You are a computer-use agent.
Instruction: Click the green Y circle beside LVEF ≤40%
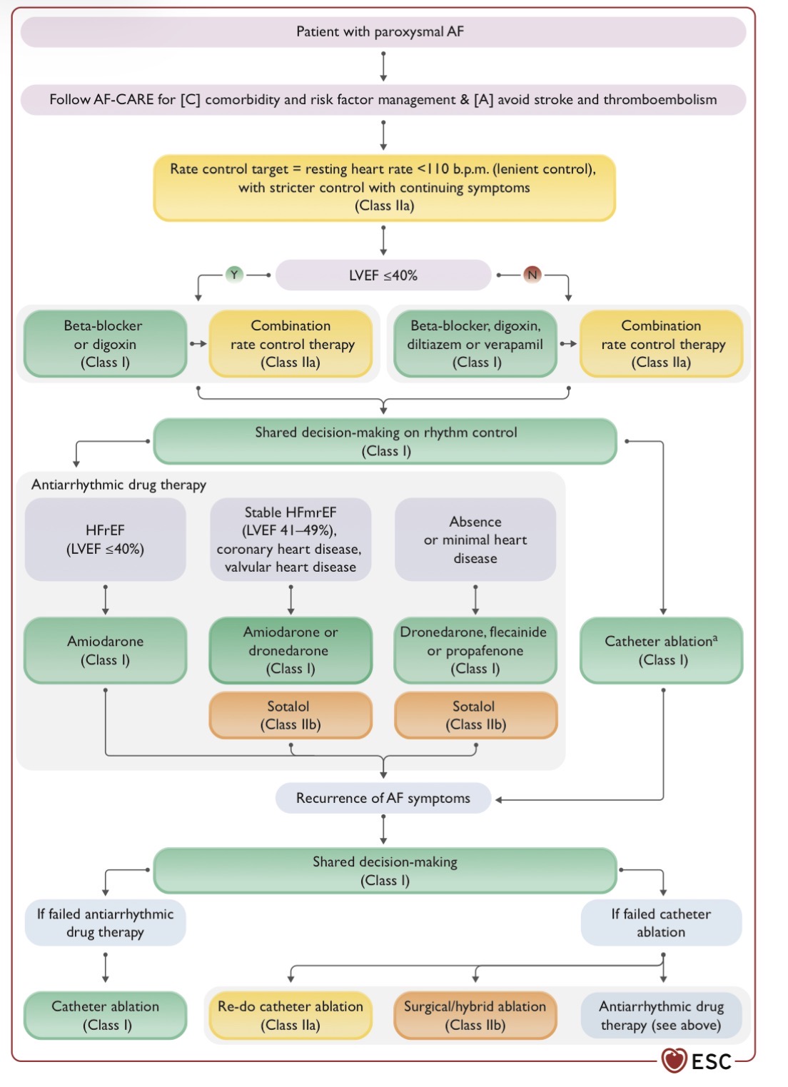[234, 275]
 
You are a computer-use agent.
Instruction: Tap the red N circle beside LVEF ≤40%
[532, 275]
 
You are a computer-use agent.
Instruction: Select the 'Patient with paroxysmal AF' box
[383, 32]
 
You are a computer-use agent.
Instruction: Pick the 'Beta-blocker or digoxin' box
[106, 343]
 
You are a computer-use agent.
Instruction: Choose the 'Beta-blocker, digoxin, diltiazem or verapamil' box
[475, 343]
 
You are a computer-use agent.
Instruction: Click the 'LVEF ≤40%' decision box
[383, 275]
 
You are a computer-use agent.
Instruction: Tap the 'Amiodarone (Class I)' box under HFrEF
[106, 650]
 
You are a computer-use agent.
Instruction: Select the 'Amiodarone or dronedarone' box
[291, 650]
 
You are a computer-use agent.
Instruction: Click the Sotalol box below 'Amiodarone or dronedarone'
[291, 715]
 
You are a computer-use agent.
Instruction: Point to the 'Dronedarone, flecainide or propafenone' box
[475, 650]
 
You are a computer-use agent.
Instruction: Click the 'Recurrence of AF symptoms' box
[383, 798]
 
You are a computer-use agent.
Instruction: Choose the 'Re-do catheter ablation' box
[291, 1015]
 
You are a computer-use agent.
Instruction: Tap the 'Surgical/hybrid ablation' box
[475, 1015]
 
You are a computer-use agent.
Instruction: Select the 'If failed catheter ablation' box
[662, 923]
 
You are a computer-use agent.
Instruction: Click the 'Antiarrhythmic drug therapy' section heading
[119, 485]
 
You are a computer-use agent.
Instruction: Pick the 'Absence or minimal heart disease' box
[475, 540]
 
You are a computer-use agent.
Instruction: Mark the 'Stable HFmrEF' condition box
[291, 540]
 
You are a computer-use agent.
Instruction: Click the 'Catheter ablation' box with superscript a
[662, 650]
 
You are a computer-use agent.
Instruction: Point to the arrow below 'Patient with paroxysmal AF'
[383, 66]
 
